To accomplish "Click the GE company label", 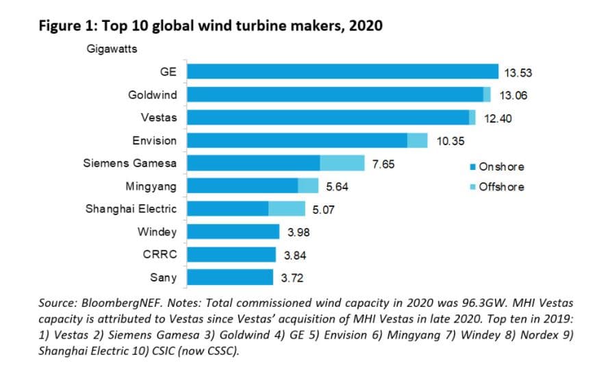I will (x=168, y=71).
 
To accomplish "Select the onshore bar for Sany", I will (x=230, y=277).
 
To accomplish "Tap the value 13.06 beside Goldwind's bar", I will (x=512, y=95).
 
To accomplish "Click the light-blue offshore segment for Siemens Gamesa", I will (x=342, y=163).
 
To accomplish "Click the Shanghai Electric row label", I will (x=130, y=208).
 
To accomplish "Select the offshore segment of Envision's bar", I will (x=417, y=140).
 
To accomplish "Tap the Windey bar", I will (x=233, y=232).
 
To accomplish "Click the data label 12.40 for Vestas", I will (x=498, y=118).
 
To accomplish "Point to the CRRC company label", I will (x=159, y=254).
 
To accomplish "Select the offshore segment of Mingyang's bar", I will (x=308, y=186).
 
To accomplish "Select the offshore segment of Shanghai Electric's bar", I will (x=287, y=208).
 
